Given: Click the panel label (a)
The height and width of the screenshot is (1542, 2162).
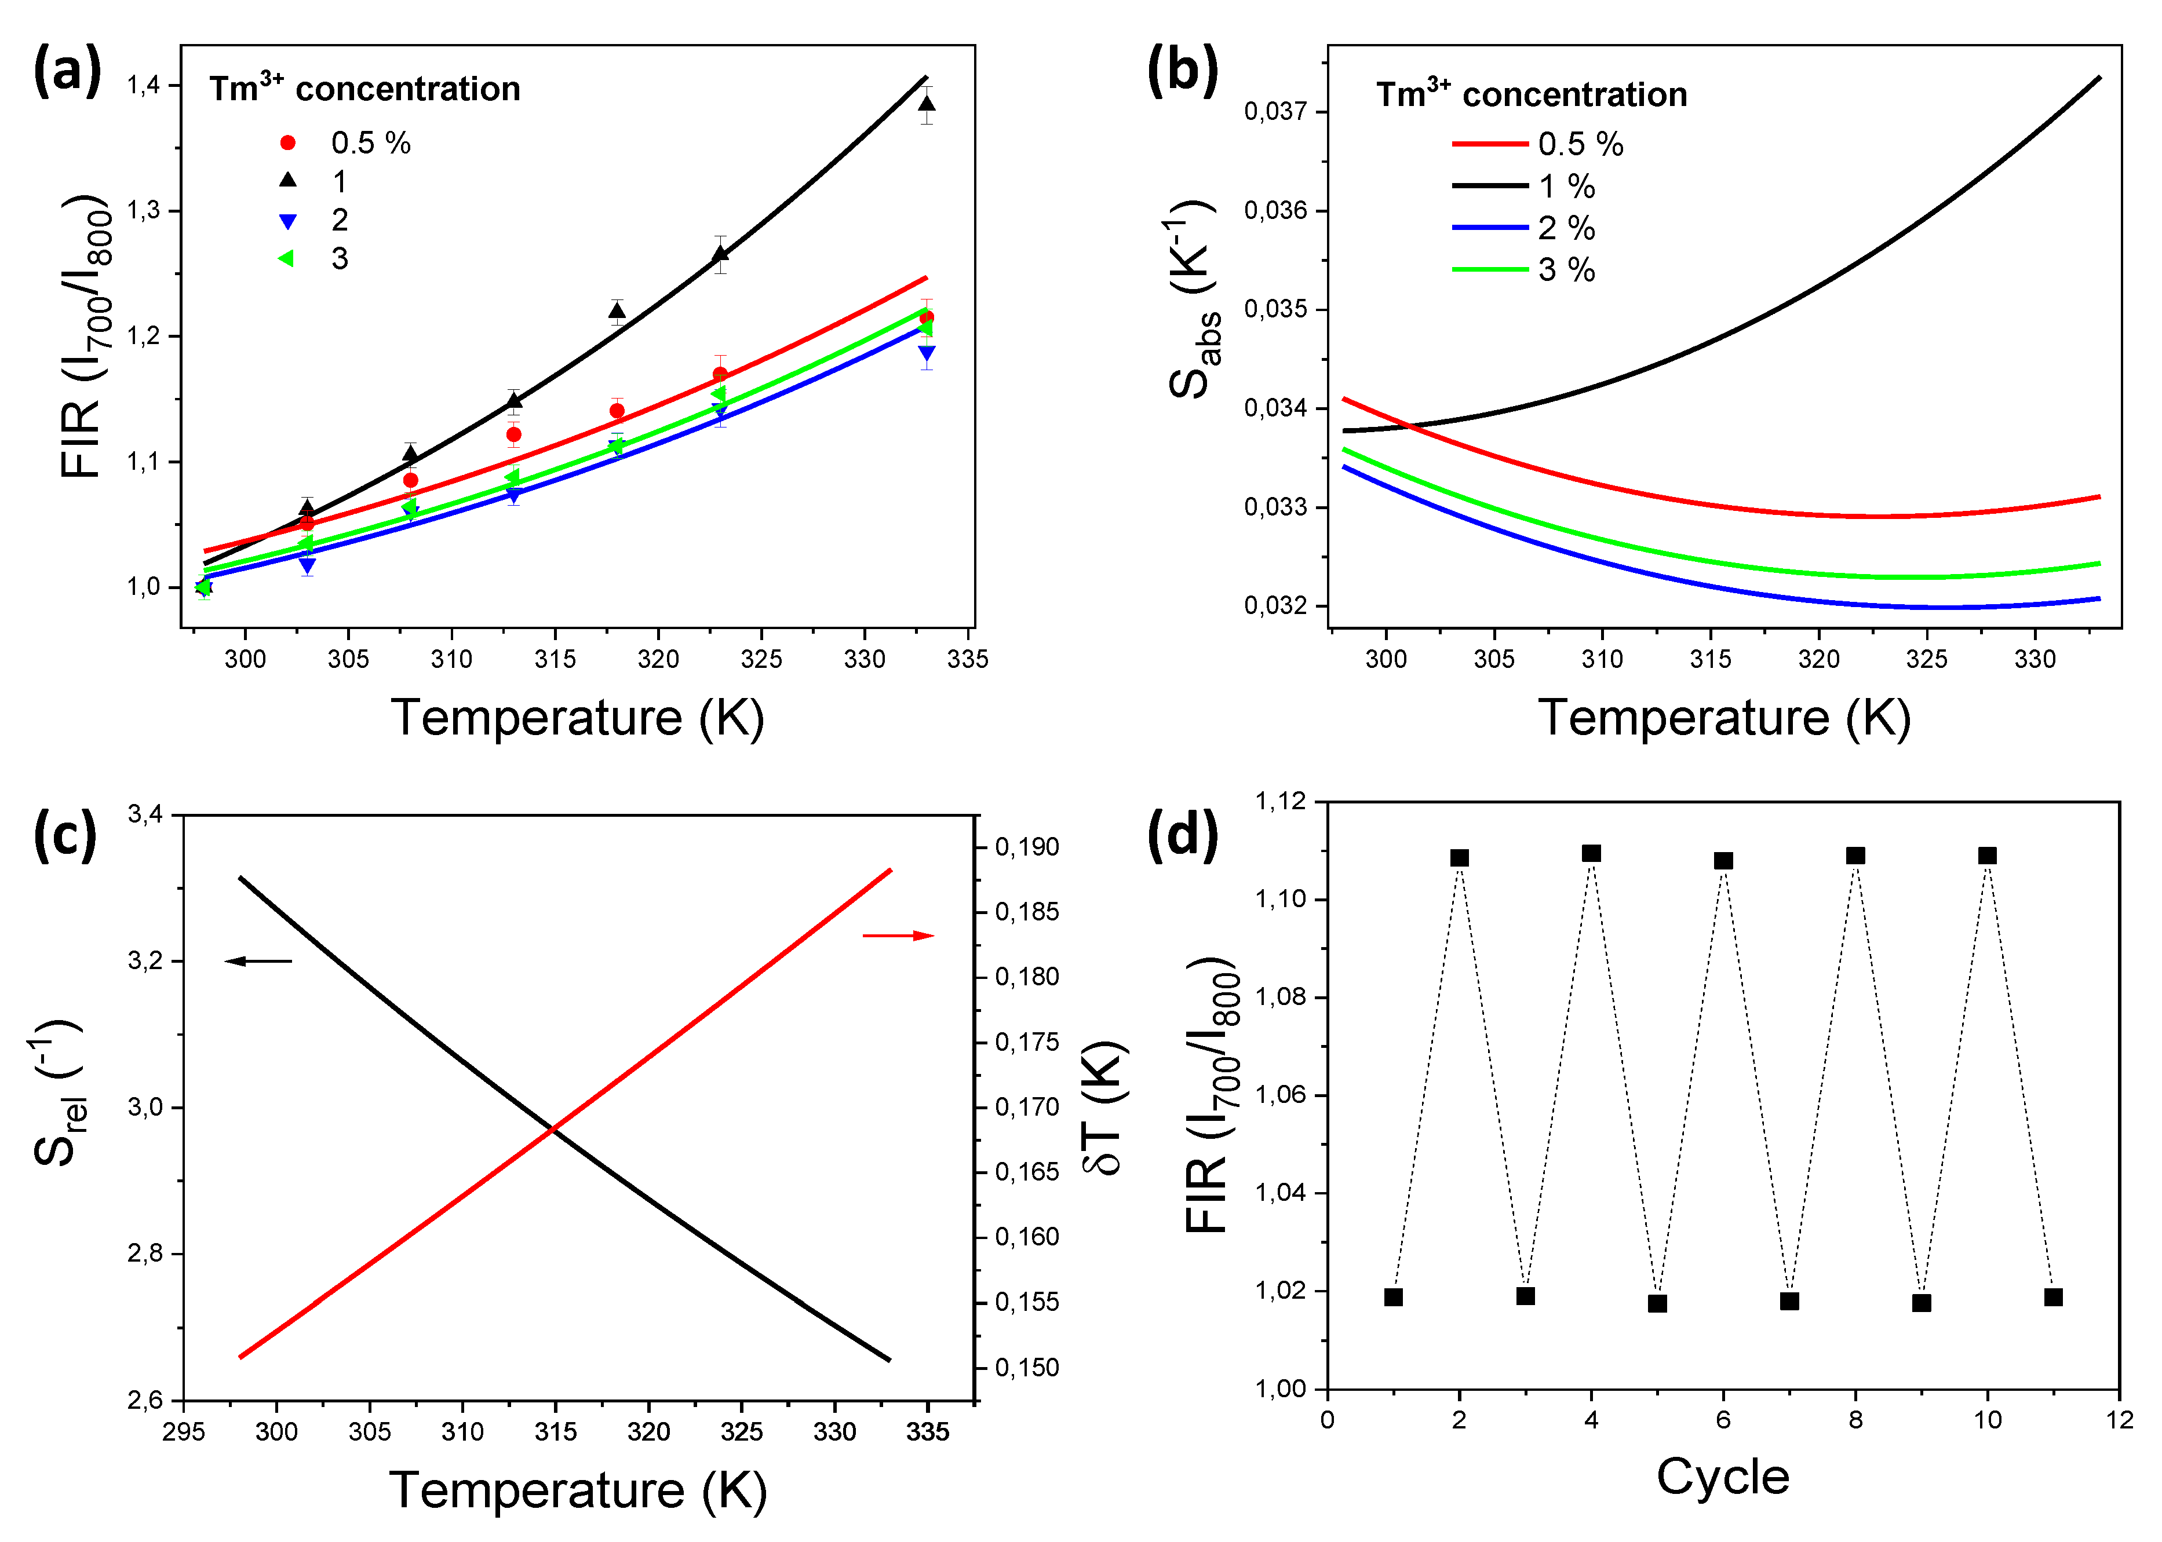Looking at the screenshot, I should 67,71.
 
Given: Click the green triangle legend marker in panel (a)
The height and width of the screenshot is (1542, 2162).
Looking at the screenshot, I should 286,258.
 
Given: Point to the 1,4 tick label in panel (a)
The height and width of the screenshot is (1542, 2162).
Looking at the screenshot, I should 144,86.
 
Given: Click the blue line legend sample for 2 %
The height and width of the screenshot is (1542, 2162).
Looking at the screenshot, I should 1489,228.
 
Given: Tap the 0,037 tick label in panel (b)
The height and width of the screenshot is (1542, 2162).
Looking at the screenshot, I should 1276,111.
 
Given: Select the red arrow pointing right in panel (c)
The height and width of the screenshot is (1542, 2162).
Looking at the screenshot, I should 898,936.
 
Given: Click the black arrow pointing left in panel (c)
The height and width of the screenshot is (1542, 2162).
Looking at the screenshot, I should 258,961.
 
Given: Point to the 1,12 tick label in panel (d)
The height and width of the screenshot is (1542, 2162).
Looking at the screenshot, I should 1281,801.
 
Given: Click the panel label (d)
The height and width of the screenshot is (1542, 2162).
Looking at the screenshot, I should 1182,835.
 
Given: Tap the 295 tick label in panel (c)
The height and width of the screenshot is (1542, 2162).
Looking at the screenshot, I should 183,1432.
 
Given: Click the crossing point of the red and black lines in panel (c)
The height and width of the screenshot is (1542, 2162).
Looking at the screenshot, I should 552,1128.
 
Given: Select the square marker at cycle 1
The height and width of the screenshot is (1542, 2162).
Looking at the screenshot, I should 1394,1297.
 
